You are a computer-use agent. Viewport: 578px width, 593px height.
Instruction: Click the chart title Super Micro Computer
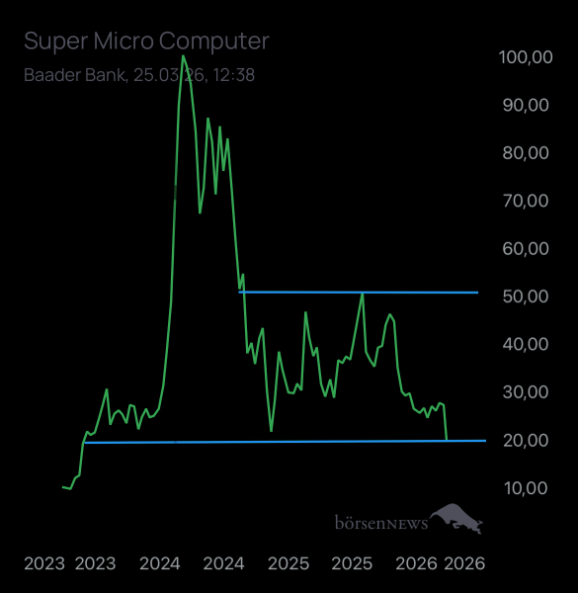click(145, 41)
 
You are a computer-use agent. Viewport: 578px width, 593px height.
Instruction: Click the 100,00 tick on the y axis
click(526, 58)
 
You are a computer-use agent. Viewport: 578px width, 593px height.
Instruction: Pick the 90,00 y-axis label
click(526, 106)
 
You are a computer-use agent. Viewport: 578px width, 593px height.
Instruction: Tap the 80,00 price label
click(526, 153)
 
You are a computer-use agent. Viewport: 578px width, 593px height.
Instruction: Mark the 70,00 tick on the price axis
click(526, 201)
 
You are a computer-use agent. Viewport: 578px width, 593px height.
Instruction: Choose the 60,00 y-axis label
click(526, 248)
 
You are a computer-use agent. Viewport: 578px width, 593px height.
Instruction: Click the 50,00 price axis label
click(526, 296)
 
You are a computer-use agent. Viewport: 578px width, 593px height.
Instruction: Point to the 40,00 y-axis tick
click(526, 344)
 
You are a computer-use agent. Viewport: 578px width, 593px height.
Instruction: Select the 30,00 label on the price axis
click(526, 391)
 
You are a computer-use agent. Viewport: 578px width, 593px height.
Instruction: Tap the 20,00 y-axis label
click(526, 440)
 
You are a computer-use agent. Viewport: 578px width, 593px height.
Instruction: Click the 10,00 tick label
click(526, 487)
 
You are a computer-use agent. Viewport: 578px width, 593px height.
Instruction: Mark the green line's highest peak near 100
click(183, 55)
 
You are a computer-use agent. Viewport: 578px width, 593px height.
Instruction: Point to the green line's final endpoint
click(447, 439)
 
